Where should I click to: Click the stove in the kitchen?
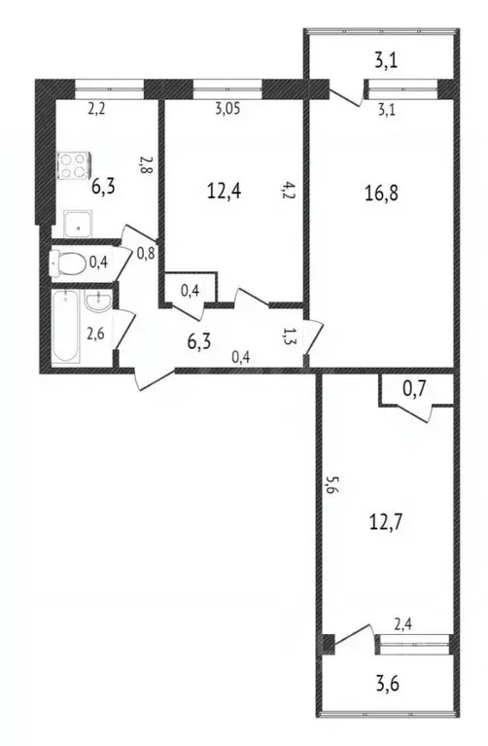[x=74, y=166]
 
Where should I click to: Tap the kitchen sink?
[x=79, y=225]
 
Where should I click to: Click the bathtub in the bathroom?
[x=65, y=327]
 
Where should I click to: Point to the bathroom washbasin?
[x=98, y=302]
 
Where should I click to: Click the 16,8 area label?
[x=382, y=194]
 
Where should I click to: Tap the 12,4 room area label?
[x=225, y=192]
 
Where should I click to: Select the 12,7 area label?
[x=386, y=522]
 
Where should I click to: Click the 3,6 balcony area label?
[x=388, y=684]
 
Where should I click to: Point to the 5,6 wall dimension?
[x=331, y=485]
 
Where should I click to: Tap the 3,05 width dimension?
[x=227, y=109]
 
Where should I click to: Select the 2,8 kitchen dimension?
[x=146, y=165]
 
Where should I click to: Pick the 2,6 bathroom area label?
[x=95, y=334]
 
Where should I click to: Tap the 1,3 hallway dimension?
[x=289, y=336]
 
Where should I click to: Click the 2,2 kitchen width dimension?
[x=96, y=109]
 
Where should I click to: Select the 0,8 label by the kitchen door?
[x=146, y=254]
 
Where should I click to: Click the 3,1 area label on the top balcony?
[x=386, y=61]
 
